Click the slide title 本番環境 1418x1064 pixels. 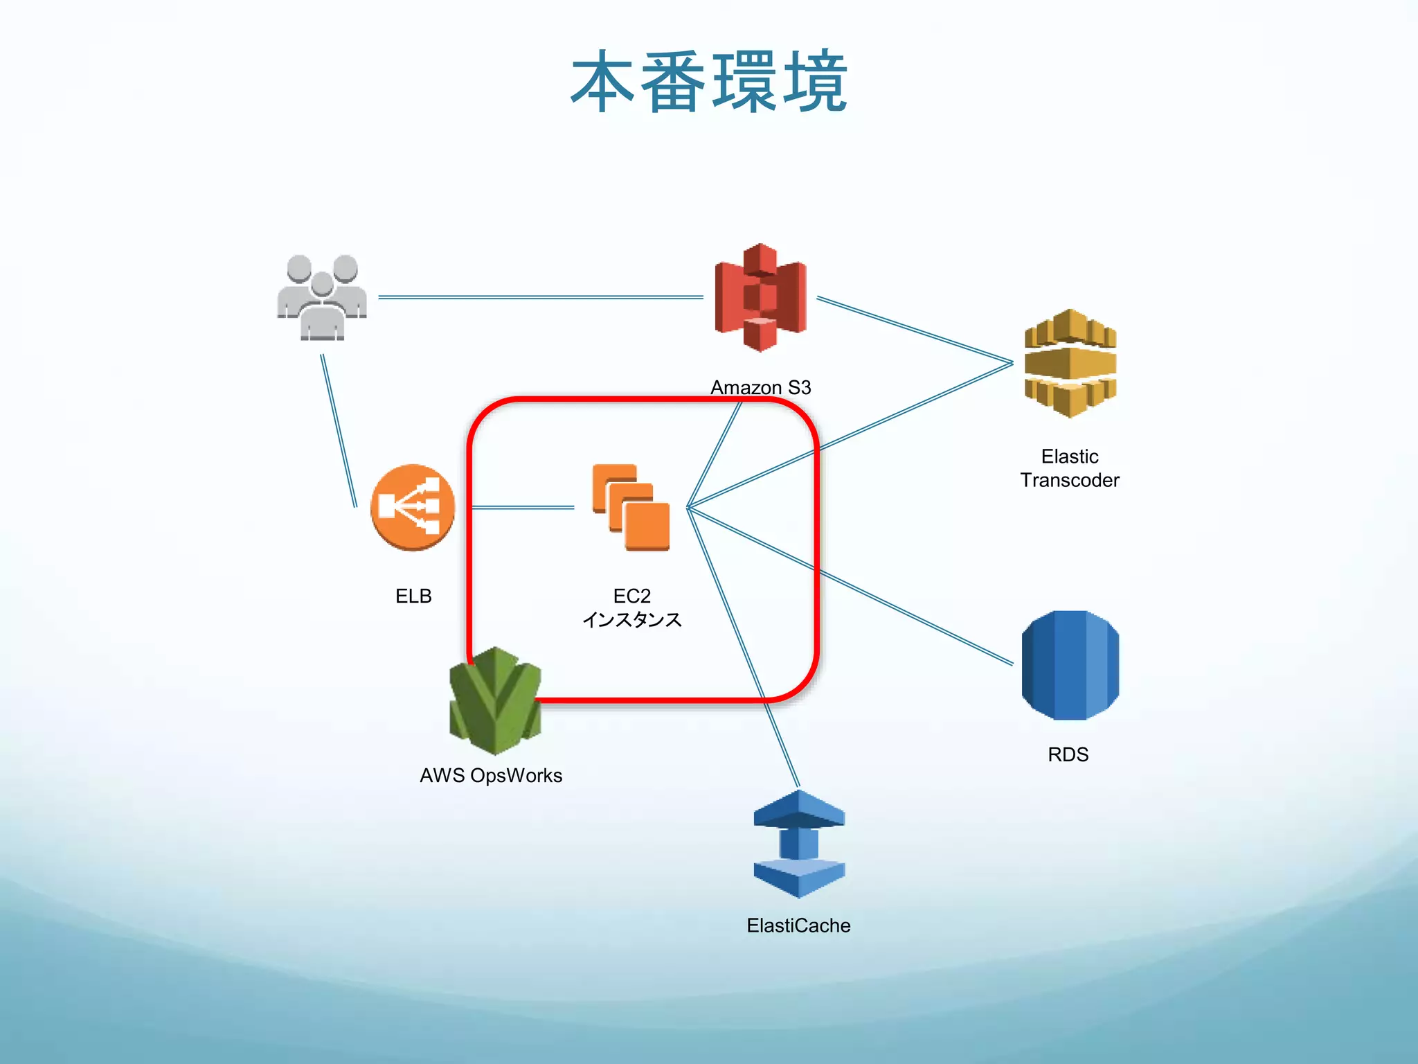(x=709, y=82)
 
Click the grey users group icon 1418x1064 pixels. (x=322, y=298)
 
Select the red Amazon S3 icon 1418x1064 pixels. (x=760, y=298)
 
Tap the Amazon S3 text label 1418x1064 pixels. (x=760, y=387)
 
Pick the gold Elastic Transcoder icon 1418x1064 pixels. (x=1070, y=364)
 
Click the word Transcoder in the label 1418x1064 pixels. (x=1070, y=480)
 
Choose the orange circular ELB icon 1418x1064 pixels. (x=413, y=507)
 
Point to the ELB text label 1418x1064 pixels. (x=413, y=596)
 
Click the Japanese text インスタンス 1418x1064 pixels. (x=631, y=619)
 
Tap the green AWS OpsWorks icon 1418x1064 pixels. (x=494, y=701)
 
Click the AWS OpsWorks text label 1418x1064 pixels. (x=491, y=775)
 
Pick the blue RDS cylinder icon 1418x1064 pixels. (x=1070, y=665)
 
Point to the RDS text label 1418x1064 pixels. (x=1068, y=754)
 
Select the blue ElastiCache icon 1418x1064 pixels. (x=799, y=844)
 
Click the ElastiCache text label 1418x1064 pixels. (x=798, y=925)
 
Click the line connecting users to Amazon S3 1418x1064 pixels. (x=540, y=297)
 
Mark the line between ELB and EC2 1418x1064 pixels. (x=523, y=508)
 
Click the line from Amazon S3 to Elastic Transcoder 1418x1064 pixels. (x=914, y=330)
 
